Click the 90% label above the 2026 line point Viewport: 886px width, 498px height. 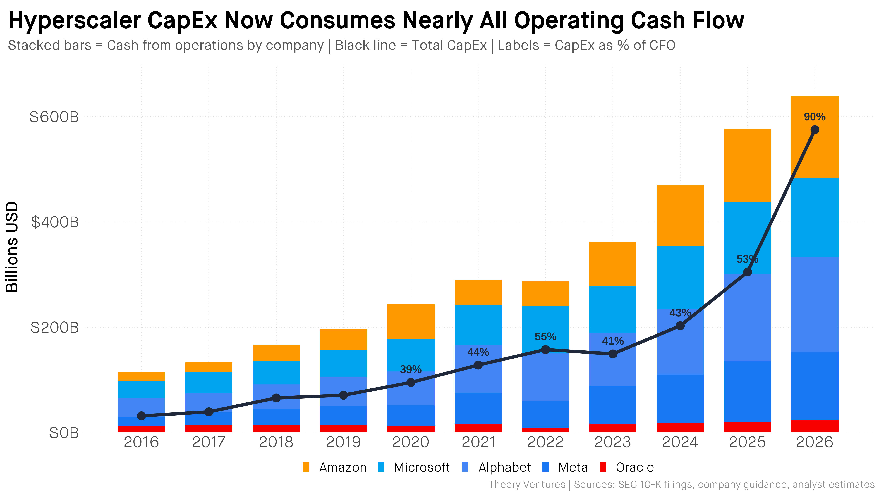(x=814, y=117)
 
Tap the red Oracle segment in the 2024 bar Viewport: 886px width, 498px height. (x=680, y=427)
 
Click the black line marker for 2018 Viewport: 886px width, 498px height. (x=276, y=398)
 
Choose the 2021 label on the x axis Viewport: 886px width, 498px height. (x=478, y=442)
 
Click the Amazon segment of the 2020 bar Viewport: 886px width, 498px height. (x=411, y=322)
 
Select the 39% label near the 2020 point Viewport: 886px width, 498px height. (x=411, y=369)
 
